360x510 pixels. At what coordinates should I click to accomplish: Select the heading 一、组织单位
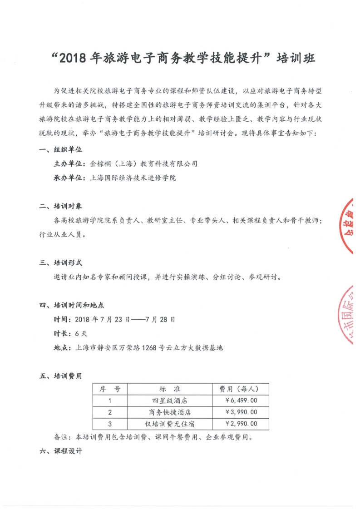pyautogui.click(x=60, y=149)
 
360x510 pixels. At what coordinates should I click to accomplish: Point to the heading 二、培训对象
pyautogui.click(x=60, y=206)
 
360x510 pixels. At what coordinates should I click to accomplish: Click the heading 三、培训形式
pyautogui.click(x=60, y=262)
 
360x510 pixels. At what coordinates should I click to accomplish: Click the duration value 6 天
pyautogui.click(x=81, y=333)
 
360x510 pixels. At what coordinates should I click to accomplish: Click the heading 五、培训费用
pyautogui.click(x=60, y=376)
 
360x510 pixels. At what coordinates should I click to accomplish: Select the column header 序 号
pyautogui.click(x=109, y=389)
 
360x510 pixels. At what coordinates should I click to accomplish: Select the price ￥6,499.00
pyautogui.click(x=241, y=401)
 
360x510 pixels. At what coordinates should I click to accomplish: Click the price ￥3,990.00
pyautogui.click(x=241, y=412)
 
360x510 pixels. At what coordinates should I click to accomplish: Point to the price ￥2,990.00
pyautogui.click(x=241, y=424)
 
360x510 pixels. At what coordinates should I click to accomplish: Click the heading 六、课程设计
pyautogui.click(x=60, y=452)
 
